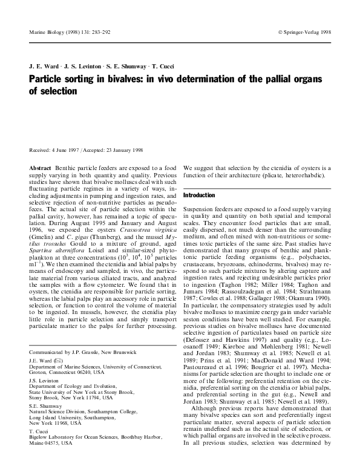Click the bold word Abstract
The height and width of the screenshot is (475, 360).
[41, 166]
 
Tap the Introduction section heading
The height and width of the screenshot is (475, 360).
[199, 195]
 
